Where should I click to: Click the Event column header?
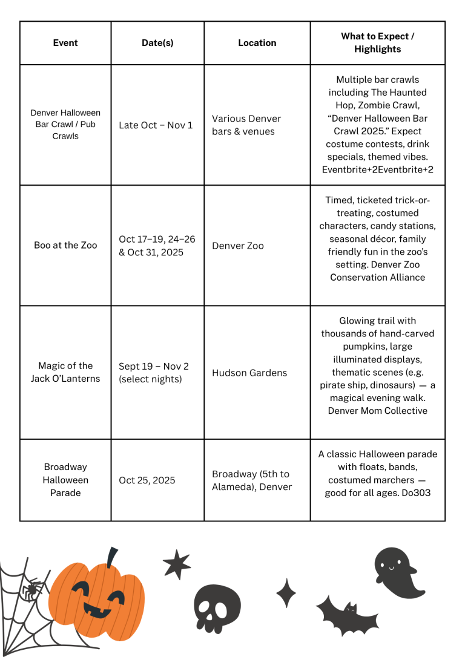65,43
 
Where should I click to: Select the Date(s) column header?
157,43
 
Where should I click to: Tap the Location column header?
257,43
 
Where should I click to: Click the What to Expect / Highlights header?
377,42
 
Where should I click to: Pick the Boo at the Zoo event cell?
65,245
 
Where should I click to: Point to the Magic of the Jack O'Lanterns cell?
65,372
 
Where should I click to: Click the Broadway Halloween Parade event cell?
65,480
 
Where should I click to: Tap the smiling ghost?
394,572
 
